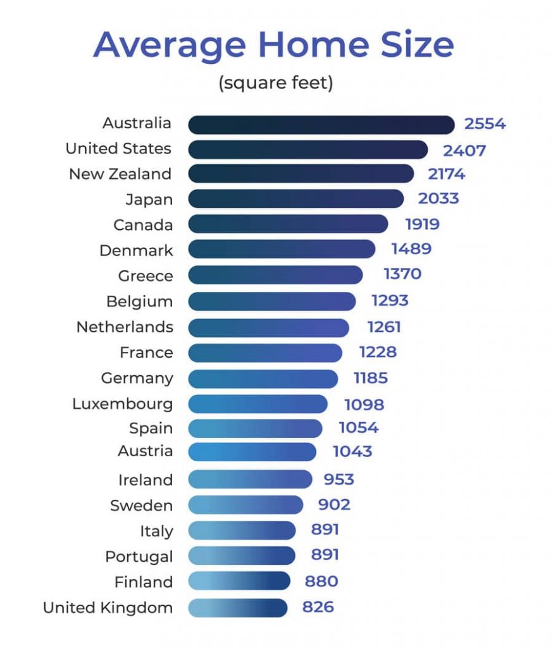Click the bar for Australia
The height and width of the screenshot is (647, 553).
click(x=321, y=124)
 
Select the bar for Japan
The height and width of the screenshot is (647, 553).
click(x=295, y=199)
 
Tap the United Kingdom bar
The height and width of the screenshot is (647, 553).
click(x=237, y=608)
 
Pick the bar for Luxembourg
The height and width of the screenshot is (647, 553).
click(x=258, y=404)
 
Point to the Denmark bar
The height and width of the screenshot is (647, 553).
click(x=282, y=250)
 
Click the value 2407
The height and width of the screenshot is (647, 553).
click(x=464, y=150)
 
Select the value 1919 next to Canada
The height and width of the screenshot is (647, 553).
click(x=422, y=224)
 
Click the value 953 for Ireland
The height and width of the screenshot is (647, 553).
click(x=339, y=480)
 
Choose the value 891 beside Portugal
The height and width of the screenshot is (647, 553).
click(x=325, y=555)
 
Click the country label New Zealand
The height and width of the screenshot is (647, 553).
click(x=120, y=174)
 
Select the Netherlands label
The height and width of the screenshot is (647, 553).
click(x=125, y=327)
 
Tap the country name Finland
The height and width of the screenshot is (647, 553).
click(x=144, y=582)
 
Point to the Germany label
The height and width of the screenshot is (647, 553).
click(x=137, y=378)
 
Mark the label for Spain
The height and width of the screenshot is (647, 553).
click(x=151, y=428)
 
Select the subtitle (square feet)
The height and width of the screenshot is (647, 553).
click(x=276, y=83)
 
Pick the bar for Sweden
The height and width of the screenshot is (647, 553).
click(x=245, y=505)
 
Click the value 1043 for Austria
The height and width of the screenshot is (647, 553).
click(x=352, y=452)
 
